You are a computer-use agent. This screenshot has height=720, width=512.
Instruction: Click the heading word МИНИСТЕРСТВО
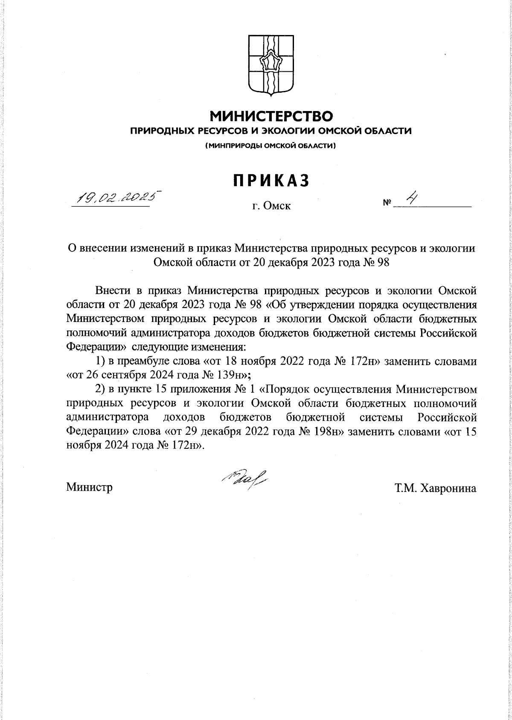(x=271, y=116)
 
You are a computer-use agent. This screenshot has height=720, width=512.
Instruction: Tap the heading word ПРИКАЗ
(x=271, y=181)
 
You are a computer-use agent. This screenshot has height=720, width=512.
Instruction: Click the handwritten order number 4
(x=412, y=199)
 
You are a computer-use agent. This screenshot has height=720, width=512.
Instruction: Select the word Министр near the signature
(x=90, y=487)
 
